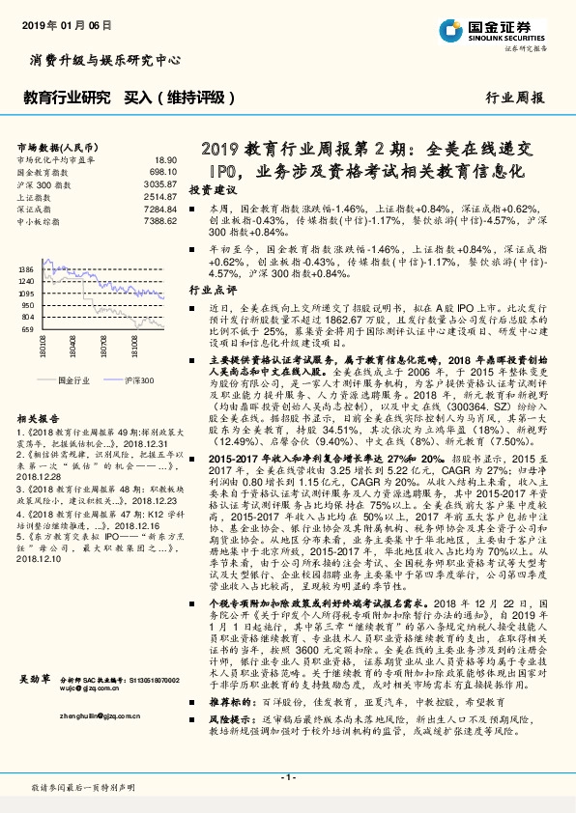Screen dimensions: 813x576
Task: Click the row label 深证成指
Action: coord(35,209)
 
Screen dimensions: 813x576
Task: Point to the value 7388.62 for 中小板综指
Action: coord(161,221)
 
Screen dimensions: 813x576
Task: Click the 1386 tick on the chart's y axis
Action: coord(26,269)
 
